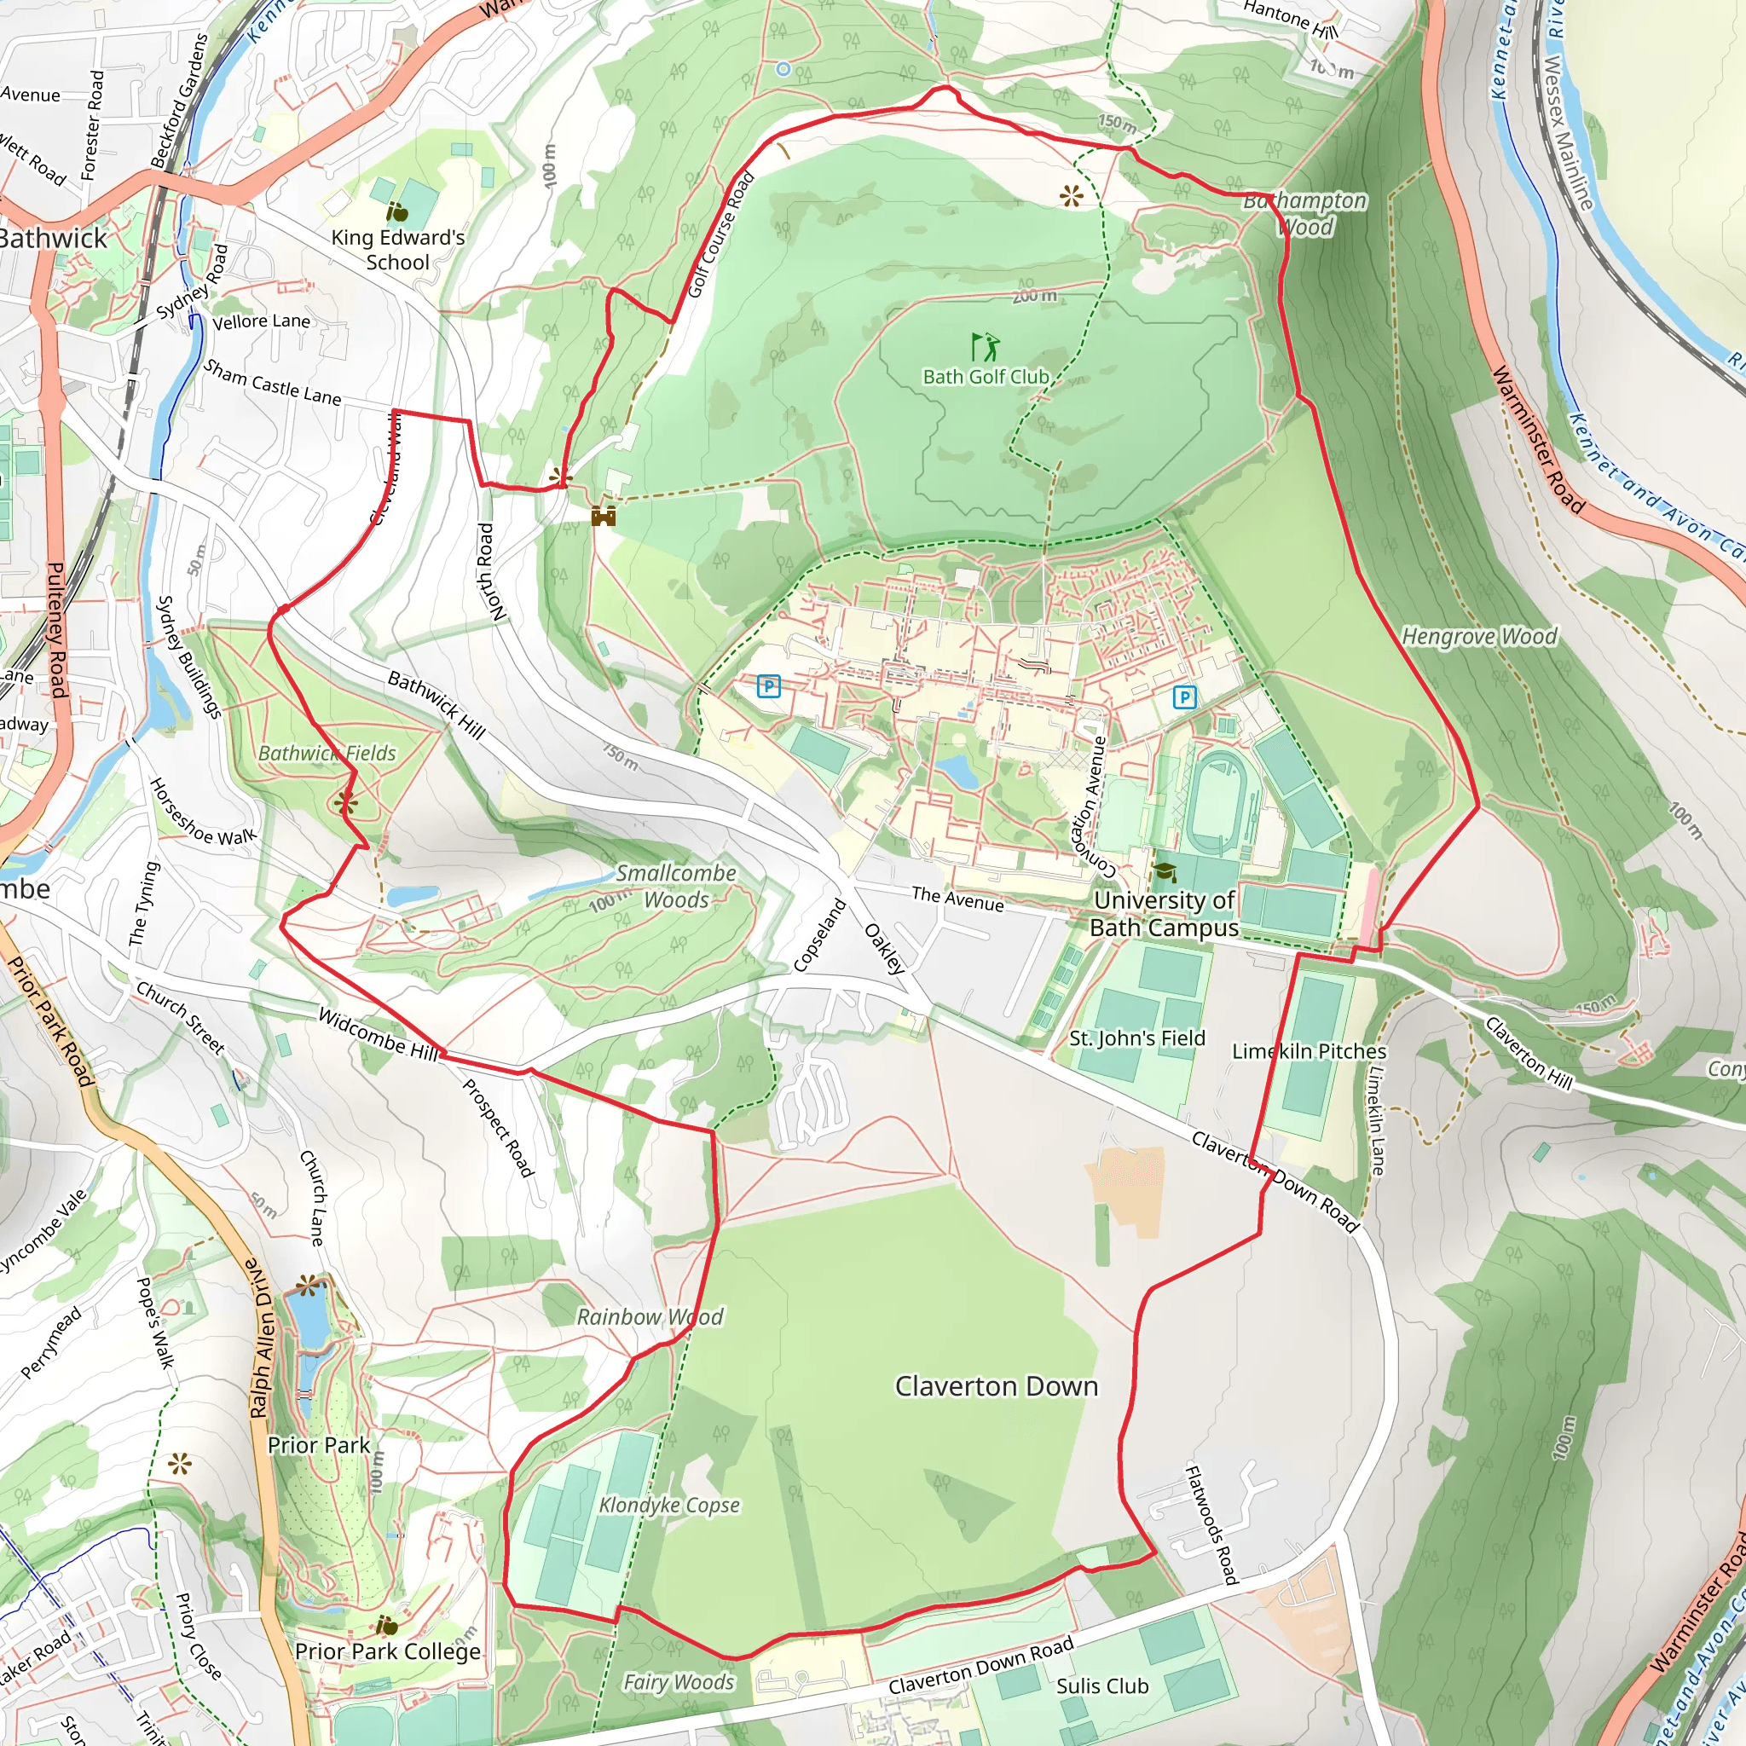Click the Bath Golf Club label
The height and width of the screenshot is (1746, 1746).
[x=985, y=377]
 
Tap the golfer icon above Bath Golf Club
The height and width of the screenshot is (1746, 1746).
[x=985, y=346]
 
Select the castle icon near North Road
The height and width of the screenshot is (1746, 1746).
[x=604, y=516]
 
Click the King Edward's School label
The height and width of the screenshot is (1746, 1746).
[x=397, y=250]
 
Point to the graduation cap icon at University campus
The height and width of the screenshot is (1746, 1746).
[x=1165, y=872]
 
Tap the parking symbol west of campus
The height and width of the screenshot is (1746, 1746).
[x=768, y=687]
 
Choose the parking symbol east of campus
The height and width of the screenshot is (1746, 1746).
[x=1184, y=697]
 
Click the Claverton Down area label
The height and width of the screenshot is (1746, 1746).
[x=996, y=1386]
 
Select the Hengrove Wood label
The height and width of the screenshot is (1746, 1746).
[x=1479, y=637]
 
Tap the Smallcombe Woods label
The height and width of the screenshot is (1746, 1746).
[x=676, y=887]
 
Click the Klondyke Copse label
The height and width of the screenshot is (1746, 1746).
[x=668, y=1505]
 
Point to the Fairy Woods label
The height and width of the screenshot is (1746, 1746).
[x=678, y=1682]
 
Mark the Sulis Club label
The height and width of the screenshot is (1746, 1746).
[x=1101, y=1686]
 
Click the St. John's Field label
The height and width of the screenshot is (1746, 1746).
[x=1137, y=1038]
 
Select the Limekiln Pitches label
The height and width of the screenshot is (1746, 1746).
[x=1309, y=1051]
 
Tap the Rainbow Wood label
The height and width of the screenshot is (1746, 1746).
[x=650, y=1316]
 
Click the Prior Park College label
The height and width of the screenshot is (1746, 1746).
[x=388, y=1651]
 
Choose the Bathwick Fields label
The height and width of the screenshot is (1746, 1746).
[x=327, y=753]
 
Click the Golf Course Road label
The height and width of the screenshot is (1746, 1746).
[x=720, y=235]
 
